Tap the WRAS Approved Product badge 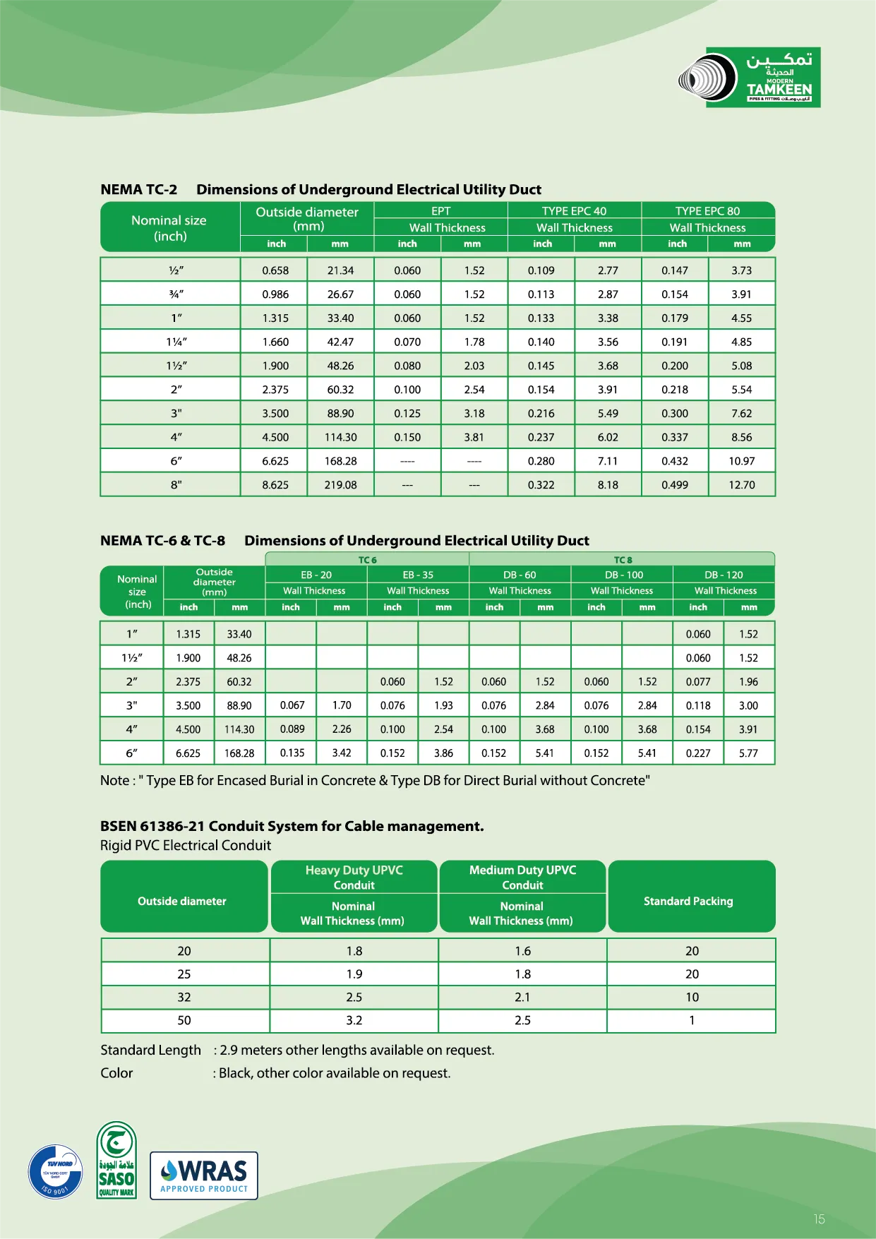pos(204,1175)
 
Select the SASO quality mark pos(116,1161)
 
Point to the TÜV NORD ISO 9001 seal pos(56,1171)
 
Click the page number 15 pos(819,1219)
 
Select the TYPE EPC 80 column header pos(707,211)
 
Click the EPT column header pos(440,211)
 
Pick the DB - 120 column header pos(724,575)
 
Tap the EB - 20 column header pos(316,575)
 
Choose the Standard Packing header pos(688,902)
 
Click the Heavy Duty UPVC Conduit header pos(354,878)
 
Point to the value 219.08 pos(340,485)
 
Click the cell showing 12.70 pos(742,485)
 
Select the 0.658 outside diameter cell pos(275,270)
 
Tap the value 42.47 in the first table pos(340,342)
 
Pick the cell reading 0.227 pos(698,753)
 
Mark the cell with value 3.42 pos(342,753)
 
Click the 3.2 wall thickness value pos(354,1020)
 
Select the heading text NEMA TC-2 pos(139,190)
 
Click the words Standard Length pos(150,1051)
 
